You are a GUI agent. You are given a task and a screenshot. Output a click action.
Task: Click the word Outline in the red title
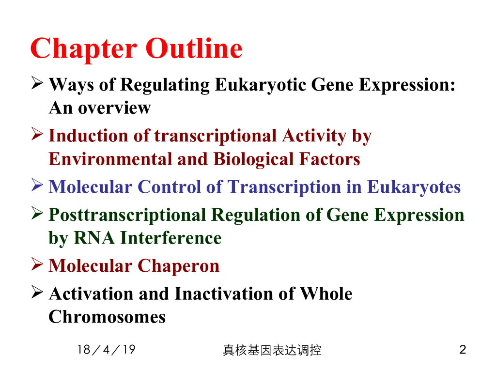pyautogui.click(x=194, y=48)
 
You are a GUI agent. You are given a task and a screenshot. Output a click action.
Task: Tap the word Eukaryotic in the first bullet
pyautogui.click(x=261, y=85)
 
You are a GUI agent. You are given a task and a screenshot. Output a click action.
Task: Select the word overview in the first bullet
pyautogui.click(x=114, y=108)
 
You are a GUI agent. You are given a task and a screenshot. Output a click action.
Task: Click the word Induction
pyautogui.click(x=88, y=136)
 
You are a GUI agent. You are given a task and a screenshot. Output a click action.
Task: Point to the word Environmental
pyautogui.click(x=110, y=159)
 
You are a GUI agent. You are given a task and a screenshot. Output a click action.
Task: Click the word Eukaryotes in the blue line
pyautogui.click(x=414, y=187)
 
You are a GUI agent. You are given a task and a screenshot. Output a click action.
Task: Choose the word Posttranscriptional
pyautogui.click(x=127, y=215)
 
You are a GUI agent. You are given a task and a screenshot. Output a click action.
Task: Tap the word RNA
pyautogui.click(x=94, y=238)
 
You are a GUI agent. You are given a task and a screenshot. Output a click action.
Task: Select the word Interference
pyautogui.click(x=171, y=238)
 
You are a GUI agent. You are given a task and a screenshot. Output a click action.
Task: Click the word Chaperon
pyautogui.click(x=178, y=266)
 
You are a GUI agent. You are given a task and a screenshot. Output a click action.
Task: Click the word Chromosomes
pyautogui.click(x=107, y=317)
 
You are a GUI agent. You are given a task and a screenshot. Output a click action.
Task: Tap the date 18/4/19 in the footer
pyautogui.click(x=106, y=350)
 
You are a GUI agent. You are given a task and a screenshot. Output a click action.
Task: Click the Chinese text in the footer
pyautogui.click(x=272, y=350)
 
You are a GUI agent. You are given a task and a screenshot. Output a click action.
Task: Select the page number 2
pyautogui.click(x=463, y=350)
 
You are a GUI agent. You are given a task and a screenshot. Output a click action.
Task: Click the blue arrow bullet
pyautogui.click(x=37, y=185)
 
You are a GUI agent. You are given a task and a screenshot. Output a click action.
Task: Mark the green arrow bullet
pyautogui.click(x=37, y=213)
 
